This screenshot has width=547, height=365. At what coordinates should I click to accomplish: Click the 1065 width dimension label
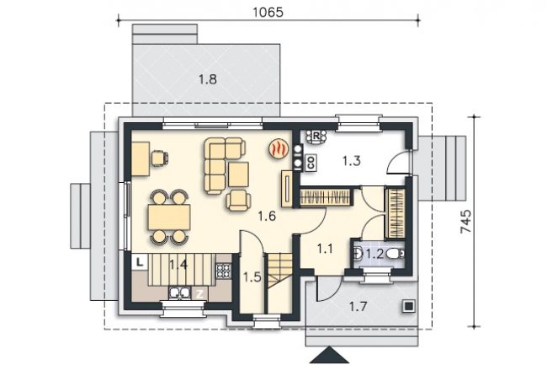tap(268, 13)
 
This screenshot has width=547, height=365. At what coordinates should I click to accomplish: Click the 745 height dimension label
tap(466, 221)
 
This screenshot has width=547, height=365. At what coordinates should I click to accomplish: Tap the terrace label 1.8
tap(208, 79)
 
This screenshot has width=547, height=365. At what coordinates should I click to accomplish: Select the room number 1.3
tap(351, 161)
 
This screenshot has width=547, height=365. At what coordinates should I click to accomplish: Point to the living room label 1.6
tap(268, 217)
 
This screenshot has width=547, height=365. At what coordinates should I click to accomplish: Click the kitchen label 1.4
tap(178, 265)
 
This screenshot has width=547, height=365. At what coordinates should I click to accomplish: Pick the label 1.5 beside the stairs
tap(252, 277)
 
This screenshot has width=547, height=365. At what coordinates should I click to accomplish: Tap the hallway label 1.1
tap(325, 249)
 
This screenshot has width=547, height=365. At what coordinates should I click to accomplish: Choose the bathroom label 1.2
tap(375, 254)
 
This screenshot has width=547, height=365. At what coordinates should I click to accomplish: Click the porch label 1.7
tap(358, 307)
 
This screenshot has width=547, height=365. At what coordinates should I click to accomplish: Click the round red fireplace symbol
tap(279, 149)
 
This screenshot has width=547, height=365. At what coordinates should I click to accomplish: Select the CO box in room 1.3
tap(311, 162)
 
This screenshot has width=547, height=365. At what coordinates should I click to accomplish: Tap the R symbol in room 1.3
tap(316, 137)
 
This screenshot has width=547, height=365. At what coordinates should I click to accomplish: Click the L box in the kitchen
tap(140, 262)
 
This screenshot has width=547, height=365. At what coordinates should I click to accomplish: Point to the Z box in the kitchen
tap(199, 293)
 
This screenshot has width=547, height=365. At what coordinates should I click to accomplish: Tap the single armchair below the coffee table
tap(239, 201)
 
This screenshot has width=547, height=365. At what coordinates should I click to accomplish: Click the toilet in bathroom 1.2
tap(396, 253)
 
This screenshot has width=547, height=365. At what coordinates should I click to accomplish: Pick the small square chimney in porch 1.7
tap(408, 306)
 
